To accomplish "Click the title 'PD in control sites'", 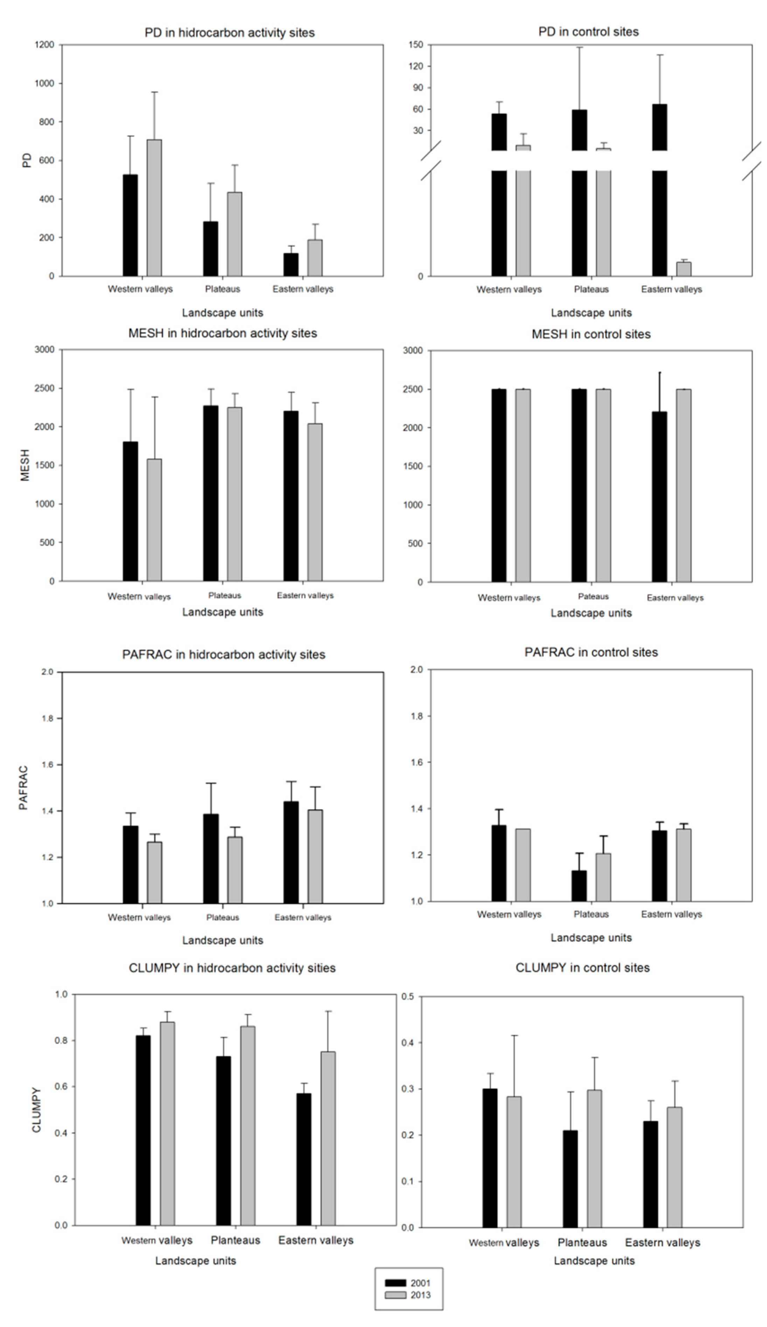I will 588,32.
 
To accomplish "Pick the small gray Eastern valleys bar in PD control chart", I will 683,269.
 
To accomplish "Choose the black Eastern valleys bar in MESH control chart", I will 659,496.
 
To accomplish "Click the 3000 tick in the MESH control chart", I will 413,351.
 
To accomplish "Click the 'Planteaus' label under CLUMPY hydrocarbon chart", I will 235,1239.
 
